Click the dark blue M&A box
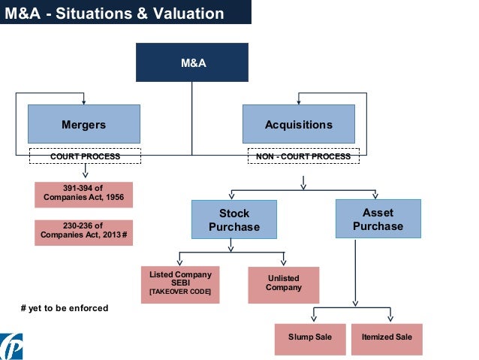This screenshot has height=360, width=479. pyautogui.click(x=191, y=62)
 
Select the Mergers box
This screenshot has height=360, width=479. pyautogui.click(x=83, y=124)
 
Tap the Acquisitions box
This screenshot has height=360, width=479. pyautogui.click(x=298, y=124)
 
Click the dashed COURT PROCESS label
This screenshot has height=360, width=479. pyautogui.click(x=85, y=156)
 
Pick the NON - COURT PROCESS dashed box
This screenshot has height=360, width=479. pyautogui.click(x=303, y=156)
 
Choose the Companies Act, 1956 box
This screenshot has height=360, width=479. pyautogui.click(x=83, y=195)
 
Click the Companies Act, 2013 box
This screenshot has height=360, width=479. pyautogui.click(x=83, y=233)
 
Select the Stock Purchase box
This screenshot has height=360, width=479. pyautogui.click(x=233, y=220)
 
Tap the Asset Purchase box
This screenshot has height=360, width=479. pyautogui.click(x=378, y=219)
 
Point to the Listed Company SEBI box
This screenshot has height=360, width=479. pyautogui.click(x=180, y=284)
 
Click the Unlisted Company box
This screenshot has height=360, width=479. pyautogui.click(x=283, y=283)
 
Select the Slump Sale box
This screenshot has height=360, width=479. pyautogui.click(x=309, y=337)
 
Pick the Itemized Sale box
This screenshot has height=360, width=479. pyautogui.click(x=387, y=337)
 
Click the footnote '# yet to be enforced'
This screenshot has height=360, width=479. pyautogui.click(x=65, y=307)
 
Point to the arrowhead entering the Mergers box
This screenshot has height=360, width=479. pyautogui.click(x=84, y=101)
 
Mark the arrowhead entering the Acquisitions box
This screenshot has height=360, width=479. pyautogui.click(x=299, y=101)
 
